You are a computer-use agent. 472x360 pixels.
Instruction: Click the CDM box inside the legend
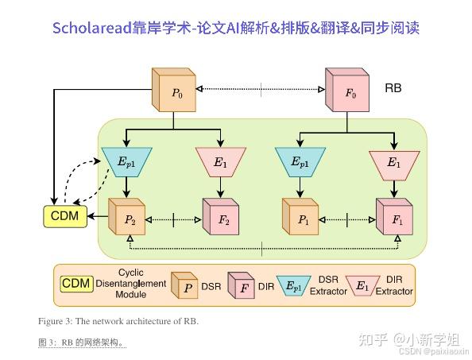coord(76,284)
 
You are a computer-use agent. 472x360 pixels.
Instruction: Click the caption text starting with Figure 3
coord(118,321)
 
